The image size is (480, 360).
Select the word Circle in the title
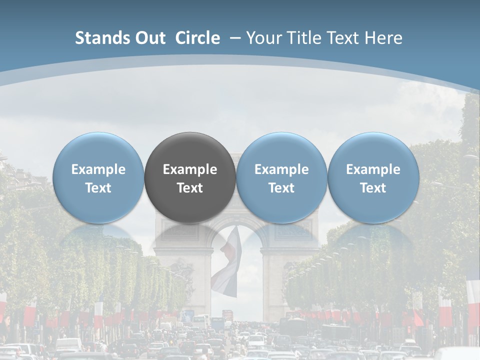point(197,38)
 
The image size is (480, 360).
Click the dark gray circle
point(190,177)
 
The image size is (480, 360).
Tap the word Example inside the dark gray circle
point(190,169)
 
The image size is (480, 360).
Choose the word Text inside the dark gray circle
point(190,188)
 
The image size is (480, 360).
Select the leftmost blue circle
point(98,177)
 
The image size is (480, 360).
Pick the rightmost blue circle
point(373,177)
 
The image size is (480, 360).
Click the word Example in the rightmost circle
point(373,169)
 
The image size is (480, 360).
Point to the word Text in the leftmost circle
point(98,188)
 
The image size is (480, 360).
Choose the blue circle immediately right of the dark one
point(281,177)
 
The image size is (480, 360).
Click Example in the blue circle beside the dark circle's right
point(281,169)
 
